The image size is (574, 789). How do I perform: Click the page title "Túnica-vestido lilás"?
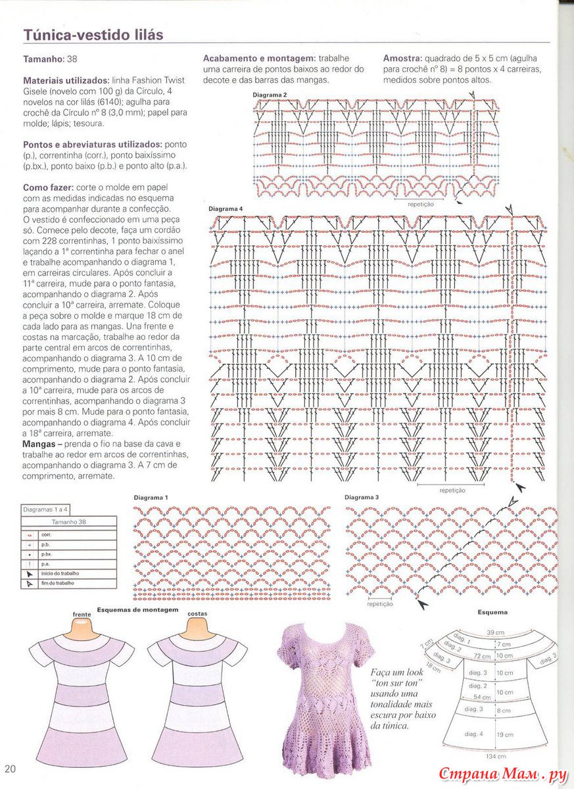tap(93, 34)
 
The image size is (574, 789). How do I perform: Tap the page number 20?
tap(11, 769)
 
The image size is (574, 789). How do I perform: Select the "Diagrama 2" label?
tap(270, 95)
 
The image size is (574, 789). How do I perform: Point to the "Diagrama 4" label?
tap(226, 209)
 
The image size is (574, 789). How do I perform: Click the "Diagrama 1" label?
tap(151, 498)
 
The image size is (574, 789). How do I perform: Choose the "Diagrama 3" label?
tap(362, 498)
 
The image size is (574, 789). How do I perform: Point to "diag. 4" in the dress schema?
tap(474, 733)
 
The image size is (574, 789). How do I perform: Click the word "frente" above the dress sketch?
tap(82, 614)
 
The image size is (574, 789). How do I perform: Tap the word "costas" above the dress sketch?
tap(198, 613)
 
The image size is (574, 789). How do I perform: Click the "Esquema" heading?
tap(492, 612)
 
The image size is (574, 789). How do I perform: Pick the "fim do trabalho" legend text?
tap(57, 583)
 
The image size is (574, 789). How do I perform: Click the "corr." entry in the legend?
tap(46, 535)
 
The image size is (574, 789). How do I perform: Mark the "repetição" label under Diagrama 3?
tap(380, 604)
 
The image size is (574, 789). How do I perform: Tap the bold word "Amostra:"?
tap(402, 59)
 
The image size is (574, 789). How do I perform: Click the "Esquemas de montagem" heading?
tap(137, 610)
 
